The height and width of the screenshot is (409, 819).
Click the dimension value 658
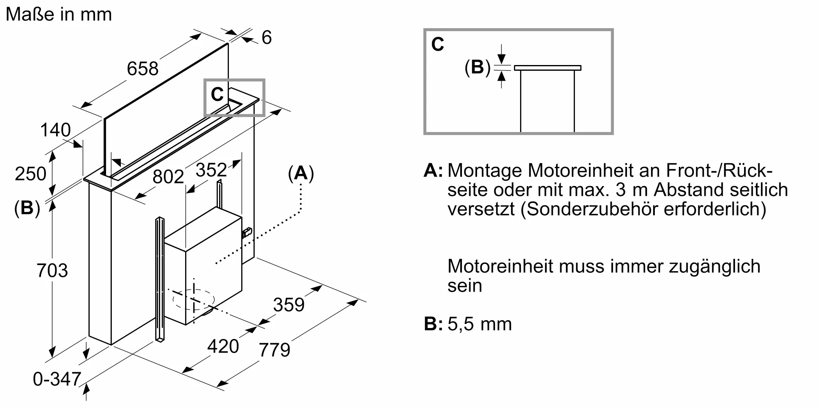coord(143,68)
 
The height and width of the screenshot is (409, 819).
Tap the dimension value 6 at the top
coord(266,38)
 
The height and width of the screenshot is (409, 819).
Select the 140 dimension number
coord(55,130)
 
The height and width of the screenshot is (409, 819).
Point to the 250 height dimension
coord(30,173)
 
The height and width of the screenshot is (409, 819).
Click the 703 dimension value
coord(52,270)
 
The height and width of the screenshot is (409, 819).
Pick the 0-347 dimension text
coord(57,379)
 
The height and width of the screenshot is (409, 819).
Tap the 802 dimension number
coord(168,177)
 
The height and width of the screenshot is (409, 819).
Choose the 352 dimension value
coord(211,170)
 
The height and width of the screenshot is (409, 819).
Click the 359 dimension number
coord(289,305)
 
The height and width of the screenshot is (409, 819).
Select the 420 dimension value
coord(223,346)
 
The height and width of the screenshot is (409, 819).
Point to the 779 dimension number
coord(274,350)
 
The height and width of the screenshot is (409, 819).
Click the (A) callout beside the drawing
coord(301,173)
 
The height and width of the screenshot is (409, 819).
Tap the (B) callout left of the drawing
coord(27,208)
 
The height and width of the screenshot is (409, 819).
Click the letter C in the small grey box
coord(217,95)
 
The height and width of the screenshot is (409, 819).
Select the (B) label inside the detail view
coord(477,67)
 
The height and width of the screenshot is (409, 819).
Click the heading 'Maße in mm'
coord(59,14)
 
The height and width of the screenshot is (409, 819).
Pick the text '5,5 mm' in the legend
coord(480,324)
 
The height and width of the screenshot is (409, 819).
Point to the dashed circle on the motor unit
coord(193,299)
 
